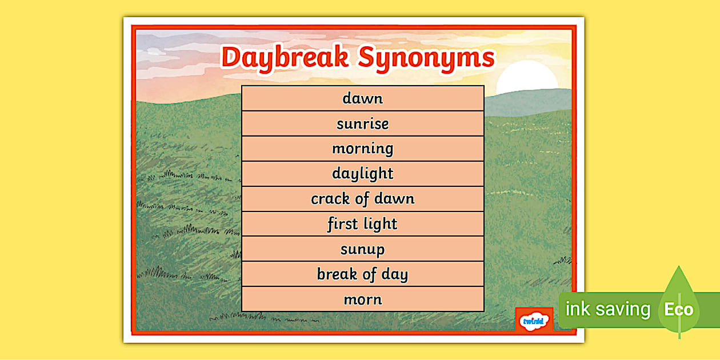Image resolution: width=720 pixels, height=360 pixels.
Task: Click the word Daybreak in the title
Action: (285, 58)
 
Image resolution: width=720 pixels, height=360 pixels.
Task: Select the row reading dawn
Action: (362, 98)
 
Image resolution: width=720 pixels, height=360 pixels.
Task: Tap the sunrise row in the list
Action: (362, 123)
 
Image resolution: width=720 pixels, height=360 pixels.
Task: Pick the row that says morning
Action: (362, 149)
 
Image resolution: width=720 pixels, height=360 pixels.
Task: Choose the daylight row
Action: (362, 174)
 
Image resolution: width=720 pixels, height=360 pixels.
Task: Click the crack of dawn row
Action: (362, 199)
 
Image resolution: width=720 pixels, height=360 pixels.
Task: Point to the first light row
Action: (362, 224)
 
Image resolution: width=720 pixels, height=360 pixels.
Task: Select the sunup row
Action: (362, 249)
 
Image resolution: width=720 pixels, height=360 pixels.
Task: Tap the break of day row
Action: (362, 274)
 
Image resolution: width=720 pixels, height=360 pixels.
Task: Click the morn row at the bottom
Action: (362, 299)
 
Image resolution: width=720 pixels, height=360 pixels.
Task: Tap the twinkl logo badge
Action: (534, 321)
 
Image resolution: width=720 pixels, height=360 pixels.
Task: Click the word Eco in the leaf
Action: (678, 310)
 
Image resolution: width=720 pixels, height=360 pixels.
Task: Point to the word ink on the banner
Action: (578, 310)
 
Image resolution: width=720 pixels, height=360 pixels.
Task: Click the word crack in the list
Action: (329, 199)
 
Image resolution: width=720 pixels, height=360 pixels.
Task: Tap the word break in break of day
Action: (337, 274)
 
